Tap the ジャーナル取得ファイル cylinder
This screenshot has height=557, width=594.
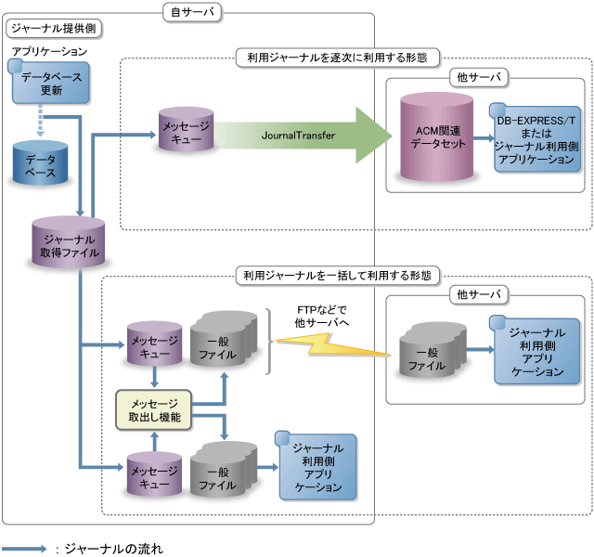(66, 244)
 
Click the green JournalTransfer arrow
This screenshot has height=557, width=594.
(306, 136)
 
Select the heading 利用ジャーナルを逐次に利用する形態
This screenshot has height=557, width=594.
(338, 57)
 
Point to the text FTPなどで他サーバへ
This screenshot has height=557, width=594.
(318, 316)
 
